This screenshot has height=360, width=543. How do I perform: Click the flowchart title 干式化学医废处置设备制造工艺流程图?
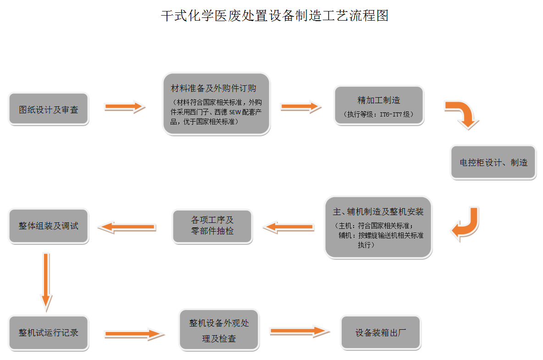point(275,16)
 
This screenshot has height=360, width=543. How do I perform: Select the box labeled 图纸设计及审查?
point(49,110)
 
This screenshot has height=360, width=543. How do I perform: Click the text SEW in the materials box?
point(235,112)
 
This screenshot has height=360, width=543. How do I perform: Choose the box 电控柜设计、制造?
point(493,162)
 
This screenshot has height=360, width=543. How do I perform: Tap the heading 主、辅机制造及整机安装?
point(378,212)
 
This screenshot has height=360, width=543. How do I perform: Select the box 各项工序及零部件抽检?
point(212,226)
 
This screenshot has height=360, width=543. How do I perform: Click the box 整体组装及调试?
point(49,226)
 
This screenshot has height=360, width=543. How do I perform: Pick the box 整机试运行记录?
point(49,333)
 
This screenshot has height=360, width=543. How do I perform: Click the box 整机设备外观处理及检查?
point(219,330)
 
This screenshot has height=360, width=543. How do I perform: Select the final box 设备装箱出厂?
point(381,333)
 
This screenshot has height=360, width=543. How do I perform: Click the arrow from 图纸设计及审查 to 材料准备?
point(125,107)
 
